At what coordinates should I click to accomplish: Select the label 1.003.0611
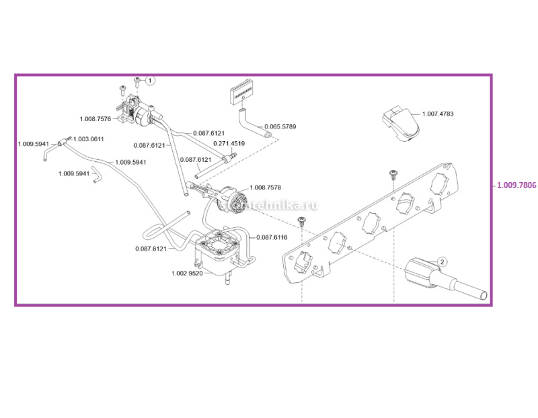tap(88, 138)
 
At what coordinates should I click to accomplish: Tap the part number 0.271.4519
tap(229, 144)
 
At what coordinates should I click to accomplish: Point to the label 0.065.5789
tap(280, 126)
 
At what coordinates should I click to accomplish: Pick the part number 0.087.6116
tap(272, 237)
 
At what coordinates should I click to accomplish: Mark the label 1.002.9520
tap(187, 273)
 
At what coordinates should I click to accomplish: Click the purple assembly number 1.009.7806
tap(516, 185)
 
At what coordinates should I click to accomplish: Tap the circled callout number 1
tap(150, 80)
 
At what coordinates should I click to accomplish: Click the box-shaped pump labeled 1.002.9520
tap(217, 252)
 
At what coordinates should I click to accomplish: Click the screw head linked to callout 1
tap(137, 80)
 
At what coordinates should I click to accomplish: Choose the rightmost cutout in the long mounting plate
tap(440, 182)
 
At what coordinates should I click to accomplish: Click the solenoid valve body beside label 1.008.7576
tap(138, 111)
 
